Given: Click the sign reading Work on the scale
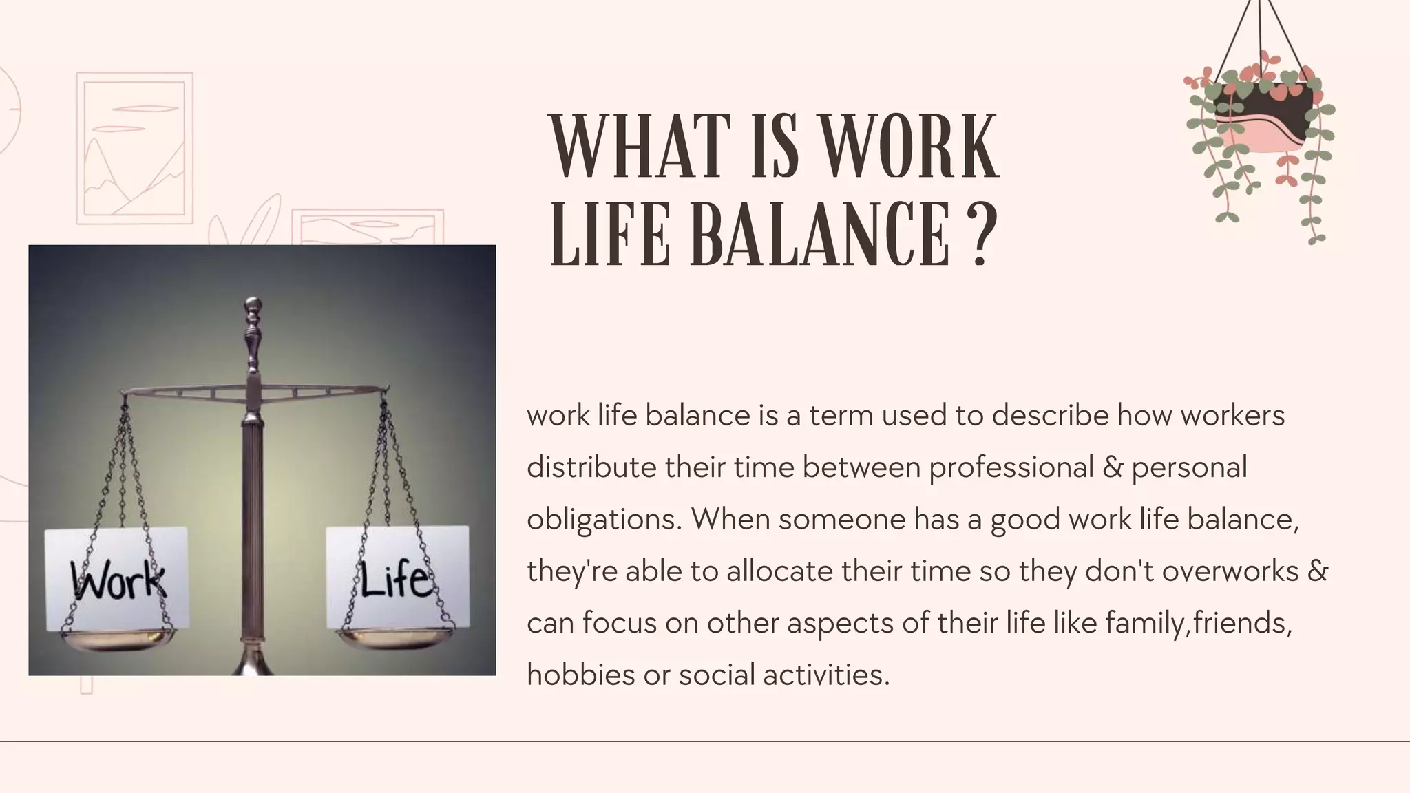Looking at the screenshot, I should click(x=116, y=578).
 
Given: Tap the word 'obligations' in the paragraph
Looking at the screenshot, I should click(x=604, y=520).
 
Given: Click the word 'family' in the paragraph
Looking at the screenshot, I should click(x=1146, y=623).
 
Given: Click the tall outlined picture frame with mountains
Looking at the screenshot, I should click(x=134, y=148).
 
